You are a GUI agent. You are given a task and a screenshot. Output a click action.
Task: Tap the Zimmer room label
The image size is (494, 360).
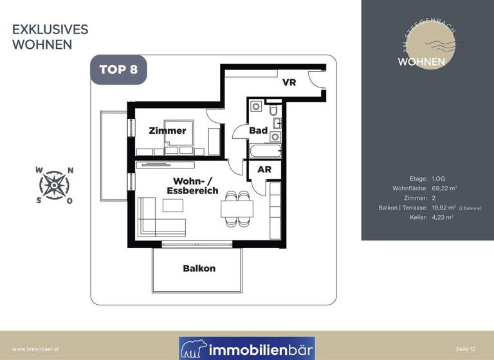[167, 130]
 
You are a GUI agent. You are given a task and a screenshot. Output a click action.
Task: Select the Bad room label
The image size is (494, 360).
[259, 130]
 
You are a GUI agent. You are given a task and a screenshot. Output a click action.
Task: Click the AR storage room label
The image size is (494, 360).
[264, 170]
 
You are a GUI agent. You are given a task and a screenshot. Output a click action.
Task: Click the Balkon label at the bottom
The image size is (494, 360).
[199, 268]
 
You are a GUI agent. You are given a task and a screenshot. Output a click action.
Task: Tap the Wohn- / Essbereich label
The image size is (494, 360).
[192, 186]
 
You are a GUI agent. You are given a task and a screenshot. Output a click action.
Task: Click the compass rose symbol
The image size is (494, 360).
[55, 186]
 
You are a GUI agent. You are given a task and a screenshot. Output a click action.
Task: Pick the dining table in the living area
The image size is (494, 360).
[237, 210]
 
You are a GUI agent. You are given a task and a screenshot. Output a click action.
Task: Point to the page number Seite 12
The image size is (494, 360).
[466, 348]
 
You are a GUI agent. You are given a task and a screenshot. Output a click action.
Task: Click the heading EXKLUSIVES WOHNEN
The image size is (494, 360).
[50, 37]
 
